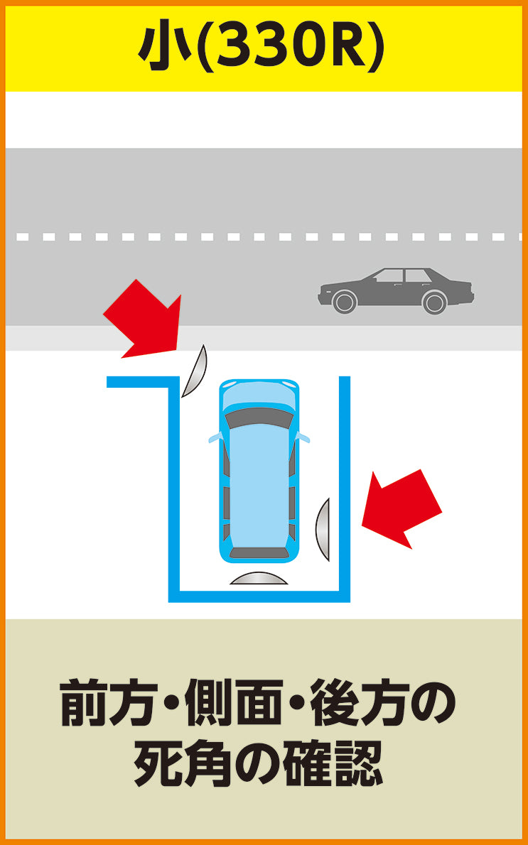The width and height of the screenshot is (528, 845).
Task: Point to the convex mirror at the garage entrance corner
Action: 195,372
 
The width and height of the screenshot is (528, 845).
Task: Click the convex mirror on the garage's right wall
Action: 322,530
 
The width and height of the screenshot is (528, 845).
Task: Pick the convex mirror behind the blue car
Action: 259,578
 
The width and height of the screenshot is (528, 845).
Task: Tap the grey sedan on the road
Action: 396,291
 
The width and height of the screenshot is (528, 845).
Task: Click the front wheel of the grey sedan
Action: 345,302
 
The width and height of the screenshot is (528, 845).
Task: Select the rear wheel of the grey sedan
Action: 434,302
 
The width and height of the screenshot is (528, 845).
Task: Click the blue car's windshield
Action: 259,417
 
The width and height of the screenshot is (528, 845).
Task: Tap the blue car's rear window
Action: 259,552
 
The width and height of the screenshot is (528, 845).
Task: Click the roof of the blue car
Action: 259,485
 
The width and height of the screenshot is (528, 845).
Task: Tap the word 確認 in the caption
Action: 335,763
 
